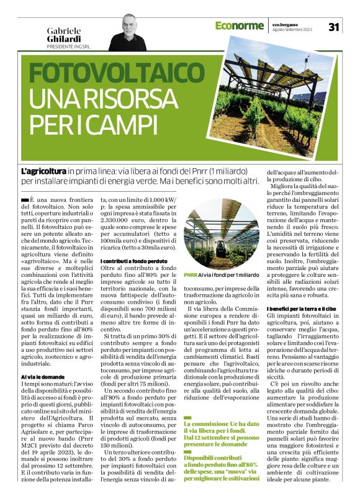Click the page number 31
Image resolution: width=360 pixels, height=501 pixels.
[334, 26]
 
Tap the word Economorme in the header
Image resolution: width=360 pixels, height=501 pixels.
[240, 25]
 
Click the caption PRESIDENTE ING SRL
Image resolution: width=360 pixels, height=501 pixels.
[73, 47]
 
